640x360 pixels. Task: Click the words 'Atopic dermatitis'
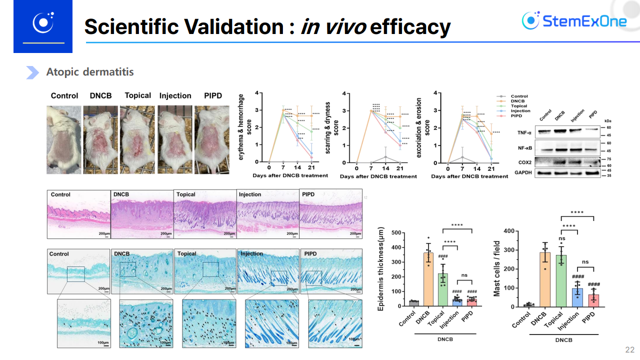tap(90, 72)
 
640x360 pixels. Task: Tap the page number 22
tap(629, 349)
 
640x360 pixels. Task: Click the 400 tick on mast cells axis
tap(509, 231)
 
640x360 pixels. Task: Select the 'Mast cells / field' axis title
tap(497, 269)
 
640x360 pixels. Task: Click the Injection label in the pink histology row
tap(250, 194)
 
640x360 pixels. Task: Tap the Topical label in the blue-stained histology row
tap(186, 253)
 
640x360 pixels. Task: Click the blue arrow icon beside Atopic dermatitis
tap(32, 72)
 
